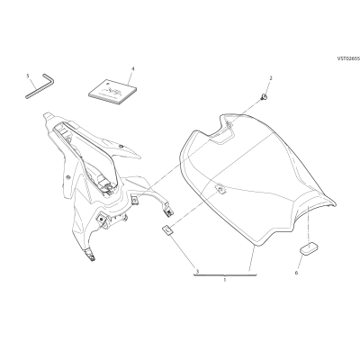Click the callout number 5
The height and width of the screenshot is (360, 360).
[28, 76]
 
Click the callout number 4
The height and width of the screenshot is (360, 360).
[133, 68]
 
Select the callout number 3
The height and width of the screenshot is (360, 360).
[197, 272]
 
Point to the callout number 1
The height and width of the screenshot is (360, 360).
[225, 280]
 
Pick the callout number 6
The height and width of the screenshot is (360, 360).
[296, 273]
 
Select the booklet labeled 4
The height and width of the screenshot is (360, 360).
[112, 92]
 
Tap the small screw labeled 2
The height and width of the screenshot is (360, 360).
[264, 96]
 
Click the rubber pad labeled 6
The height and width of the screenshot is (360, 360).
[309, 249]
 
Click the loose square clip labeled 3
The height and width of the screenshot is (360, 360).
[167, 230]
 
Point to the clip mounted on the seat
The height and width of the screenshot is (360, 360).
[220, 190]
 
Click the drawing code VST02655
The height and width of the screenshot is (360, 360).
[348, 59]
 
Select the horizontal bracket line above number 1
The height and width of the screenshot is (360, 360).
[225, 274]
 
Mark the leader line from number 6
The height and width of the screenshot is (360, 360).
[301, 262]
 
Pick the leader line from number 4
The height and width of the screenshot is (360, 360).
[130, 78]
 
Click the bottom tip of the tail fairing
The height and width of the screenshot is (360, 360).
[93, 258]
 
